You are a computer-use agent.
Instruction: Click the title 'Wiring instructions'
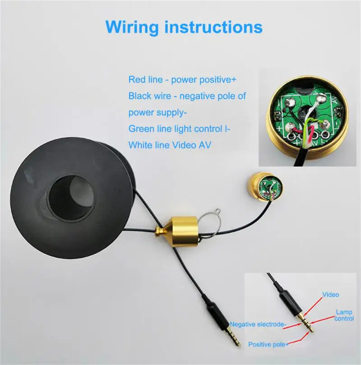point(184,27)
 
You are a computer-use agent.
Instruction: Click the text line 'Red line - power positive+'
point(182,80)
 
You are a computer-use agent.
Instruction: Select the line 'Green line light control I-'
point(180,129)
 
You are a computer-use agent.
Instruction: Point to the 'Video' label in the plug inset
point(330,295)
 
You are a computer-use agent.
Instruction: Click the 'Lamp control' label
point(344,315)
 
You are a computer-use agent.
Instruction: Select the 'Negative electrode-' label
point(258,324)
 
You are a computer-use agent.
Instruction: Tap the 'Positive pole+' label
point(268,345)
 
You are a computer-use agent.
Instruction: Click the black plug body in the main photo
point(217,316)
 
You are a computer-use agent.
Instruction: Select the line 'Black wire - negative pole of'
point(187,96)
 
